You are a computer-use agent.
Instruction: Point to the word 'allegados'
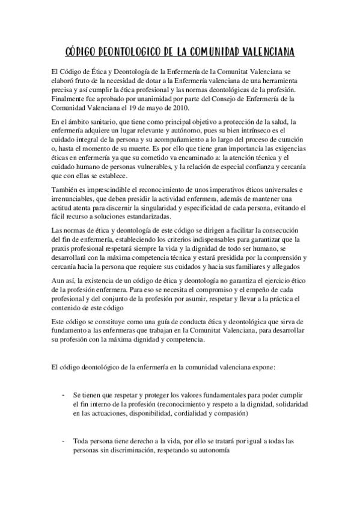(x=288, y=267)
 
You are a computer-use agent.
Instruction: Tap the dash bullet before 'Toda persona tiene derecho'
(x=63, y=441)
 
